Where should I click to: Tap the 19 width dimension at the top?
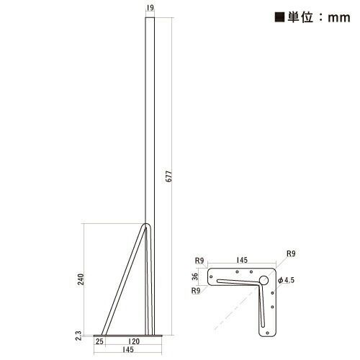coord(148,9)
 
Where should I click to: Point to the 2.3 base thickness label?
coord(78,334)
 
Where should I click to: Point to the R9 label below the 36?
coord(197,291)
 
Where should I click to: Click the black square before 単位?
coord(260,19)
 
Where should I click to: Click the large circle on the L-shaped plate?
coord(264,279)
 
